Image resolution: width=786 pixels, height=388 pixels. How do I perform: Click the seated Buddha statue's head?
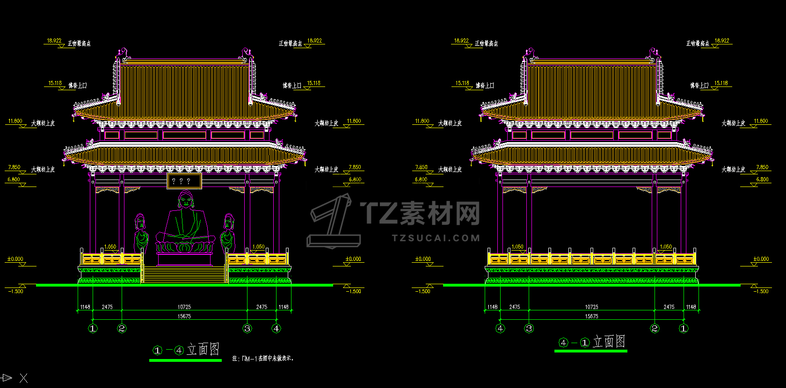coord(186,201)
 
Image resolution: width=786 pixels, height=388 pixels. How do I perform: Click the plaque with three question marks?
coord(184,181)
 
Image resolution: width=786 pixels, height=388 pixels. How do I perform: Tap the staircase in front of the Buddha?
coord(184,274)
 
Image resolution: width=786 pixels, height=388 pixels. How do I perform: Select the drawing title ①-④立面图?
coord(186,350)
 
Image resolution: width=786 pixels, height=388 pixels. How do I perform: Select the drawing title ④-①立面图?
coord(592,342)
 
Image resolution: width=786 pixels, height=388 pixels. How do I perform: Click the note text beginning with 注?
coord(263,359)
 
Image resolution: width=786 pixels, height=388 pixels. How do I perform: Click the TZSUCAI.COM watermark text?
coord(436,238)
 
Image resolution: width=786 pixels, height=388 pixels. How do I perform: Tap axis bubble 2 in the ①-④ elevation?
coord(122,329)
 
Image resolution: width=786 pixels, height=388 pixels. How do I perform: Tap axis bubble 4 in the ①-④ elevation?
coord(277,329)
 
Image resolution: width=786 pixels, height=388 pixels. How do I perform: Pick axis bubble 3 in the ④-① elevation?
coord(529,329)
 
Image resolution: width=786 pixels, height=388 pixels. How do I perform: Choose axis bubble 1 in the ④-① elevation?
coord(684,329)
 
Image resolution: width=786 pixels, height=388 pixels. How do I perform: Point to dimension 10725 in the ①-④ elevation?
coord(184,307)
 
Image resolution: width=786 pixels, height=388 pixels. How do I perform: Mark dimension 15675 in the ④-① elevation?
coord(591,316)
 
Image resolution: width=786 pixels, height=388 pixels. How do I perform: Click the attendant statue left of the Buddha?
coord(140,234)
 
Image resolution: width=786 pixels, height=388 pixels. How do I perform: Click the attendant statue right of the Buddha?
coord(228,234)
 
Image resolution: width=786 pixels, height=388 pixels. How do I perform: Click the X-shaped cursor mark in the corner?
coord(23,378)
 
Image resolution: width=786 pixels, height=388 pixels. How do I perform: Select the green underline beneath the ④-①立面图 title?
coord(590,351)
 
